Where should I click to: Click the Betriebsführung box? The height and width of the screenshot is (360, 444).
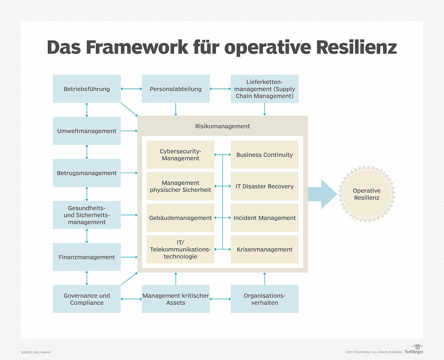[x=87, y=89]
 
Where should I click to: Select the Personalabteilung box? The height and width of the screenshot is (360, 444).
[x=175, y=89]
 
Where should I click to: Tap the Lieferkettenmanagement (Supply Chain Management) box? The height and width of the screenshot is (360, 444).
[x=264, y=89]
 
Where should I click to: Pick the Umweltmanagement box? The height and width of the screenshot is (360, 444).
[x=87, y=131]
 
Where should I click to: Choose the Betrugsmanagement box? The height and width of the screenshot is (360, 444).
[x=87, y=173]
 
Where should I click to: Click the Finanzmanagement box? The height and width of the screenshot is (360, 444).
[x=87, y=257]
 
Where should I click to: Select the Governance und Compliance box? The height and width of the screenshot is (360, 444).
[x=87, y=299]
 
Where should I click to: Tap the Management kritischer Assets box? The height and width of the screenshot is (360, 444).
[x=175, y=299]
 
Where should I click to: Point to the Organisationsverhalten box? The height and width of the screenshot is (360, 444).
[x=264, y=299]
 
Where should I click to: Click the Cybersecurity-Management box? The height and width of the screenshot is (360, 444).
[x=180, y=155]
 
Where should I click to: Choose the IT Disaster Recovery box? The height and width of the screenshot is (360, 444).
[x=264, y=186]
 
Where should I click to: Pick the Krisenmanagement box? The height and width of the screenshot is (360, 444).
[x=264, y=249]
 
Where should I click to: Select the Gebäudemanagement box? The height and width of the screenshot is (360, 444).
[x=180, y=218]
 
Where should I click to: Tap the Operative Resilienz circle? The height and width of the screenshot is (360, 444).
[x=366, y=194]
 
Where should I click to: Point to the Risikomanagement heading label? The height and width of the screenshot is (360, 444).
[x=222, y=126]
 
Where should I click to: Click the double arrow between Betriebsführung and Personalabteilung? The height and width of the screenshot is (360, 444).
[x=131, y=89]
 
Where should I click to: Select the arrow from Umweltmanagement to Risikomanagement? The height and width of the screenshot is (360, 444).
[x=129, y=131]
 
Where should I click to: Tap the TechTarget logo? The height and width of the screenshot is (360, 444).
[x=414, y=350]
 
